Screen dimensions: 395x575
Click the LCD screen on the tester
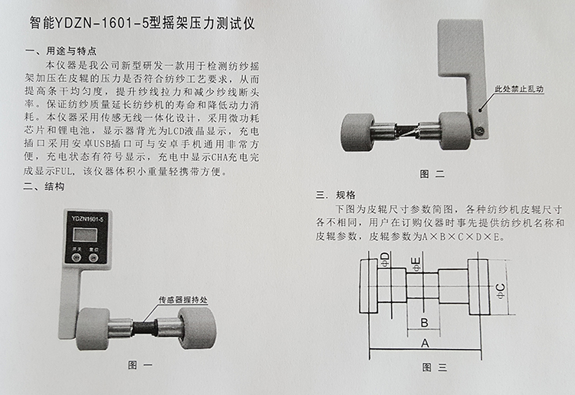click(x=85, y=234)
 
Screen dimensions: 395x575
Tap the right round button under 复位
click(x=94, y=258)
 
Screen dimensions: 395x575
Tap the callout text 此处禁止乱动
click(x=524, y=89)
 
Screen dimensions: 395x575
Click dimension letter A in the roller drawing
click(x=425, y=344)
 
